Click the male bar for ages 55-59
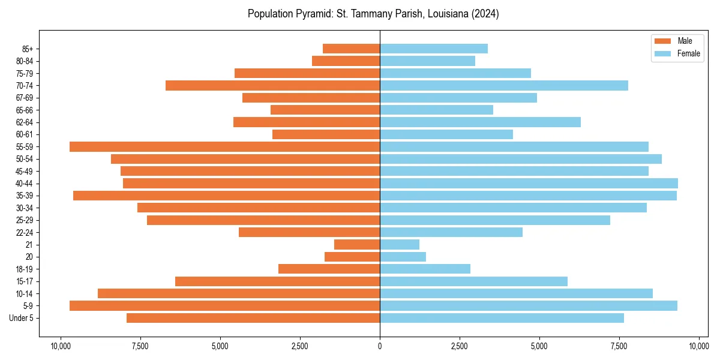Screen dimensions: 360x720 pos(224,146)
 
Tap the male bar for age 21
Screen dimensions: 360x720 pos(357,244)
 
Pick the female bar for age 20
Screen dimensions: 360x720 pos(403,257)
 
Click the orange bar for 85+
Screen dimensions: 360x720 pos(351,49)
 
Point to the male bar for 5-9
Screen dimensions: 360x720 pos(224,305)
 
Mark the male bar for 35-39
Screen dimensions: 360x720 pos(226,196)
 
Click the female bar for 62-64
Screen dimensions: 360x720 pos(480,122)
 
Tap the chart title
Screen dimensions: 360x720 pos(373,14)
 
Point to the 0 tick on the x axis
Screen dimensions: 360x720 pos(380,346)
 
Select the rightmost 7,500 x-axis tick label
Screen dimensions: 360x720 pos(619,346)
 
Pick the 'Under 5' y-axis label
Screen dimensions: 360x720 pos(22,318)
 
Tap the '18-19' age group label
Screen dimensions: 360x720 pos(25,269)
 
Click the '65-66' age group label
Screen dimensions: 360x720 pos(25,110)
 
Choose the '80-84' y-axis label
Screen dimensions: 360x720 pos(25,61)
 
